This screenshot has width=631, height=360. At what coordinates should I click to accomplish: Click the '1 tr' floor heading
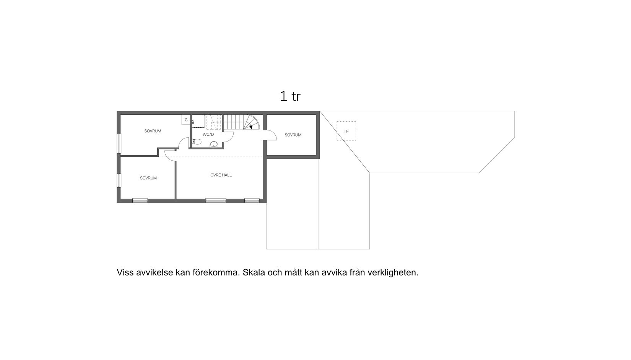click(290, 96)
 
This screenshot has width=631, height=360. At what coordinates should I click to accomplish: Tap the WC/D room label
click(208, 134)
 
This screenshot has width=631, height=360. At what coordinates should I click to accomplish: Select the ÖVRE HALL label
click(221, 175)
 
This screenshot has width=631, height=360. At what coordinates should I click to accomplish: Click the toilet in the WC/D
click(197, 142)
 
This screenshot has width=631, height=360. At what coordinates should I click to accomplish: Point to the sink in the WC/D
click(214, 144)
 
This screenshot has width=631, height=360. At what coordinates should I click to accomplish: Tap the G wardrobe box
click(186, 120)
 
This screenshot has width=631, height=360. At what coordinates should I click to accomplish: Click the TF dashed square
click(346, 131)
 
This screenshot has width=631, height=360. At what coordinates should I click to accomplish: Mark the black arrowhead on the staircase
click(251, 127)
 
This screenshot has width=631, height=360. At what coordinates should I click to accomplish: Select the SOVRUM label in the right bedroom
click(293, 135)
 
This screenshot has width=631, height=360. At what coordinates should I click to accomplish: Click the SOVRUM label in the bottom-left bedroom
click(148, 178)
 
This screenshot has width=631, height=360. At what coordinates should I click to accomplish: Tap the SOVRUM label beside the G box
click(153, 131)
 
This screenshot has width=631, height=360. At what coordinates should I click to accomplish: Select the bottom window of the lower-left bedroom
click(140, 200)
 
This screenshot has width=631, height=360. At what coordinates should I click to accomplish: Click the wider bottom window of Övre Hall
click(216, 200)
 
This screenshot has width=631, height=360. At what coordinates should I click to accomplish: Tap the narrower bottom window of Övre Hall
click(252, 200)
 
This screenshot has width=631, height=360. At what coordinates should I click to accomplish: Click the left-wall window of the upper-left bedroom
click(119, 143)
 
